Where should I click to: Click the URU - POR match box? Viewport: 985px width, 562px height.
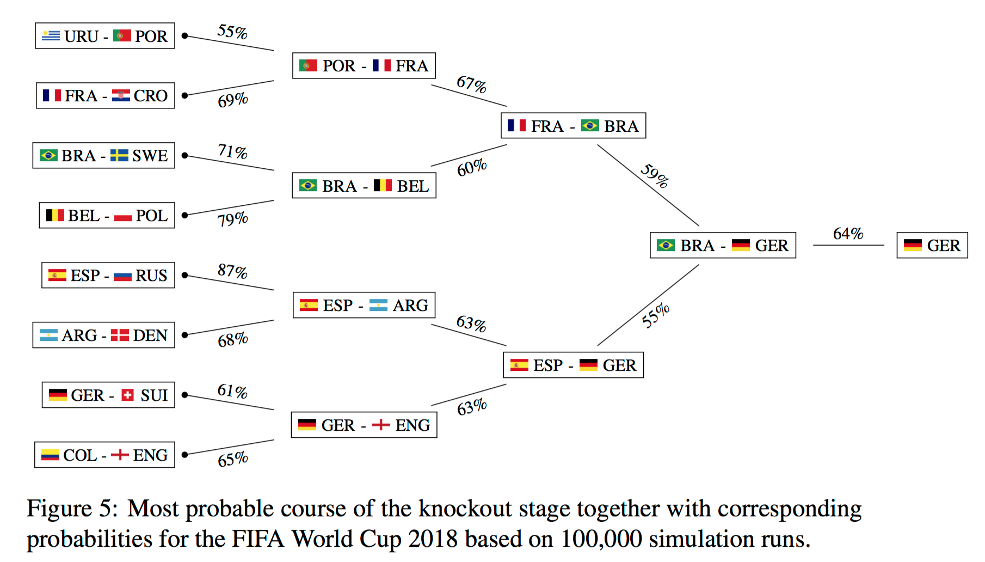(x=105, y=36)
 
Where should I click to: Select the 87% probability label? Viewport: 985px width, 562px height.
(x=232, y=271)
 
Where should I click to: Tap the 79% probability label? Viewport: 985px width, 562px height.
(x=232, y=219)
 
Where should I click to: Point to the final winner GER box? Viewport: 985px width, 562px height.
(x=932, y=245)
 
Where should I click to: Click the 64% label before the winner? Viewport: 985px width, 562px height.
(x=848, y=234)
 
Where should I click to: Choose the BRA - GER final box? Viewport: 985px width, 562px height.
(x=723, y=245)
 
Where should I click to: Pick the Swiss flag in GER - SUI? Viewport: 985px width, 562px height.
(x=127, y=395)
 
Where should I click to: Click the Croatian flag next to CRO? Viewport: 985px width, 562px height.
(x=121, y=96)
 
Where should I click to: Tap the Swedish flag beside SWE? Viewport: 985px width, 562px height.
(x=119, y=155)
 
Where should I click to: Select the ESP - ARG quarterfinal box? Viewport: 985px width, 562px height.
(x=364, y=305)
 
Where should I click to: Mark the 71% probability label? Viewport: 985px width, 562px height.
(x=232, y=151)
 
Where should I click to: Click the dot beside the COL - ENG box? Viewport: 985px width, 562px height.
(x=185, y=455)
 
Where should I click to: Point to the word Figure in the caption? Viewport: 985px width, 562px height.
(x=59, y=509)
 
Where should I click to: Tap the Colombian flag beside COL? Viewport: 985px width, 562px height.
(x=50, y=455)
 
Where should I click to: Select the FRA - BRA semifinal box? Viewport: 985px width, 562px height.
(x=573, y=126)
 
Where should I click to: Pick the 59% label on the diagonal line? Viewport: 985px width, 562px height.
(x=655, y=175)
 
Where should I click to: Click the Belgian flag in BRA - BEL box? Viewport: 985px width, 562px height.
(x=383, y=186)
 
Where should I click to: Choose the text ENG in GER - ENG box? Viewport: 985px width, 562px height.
(x=413, y=425)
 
